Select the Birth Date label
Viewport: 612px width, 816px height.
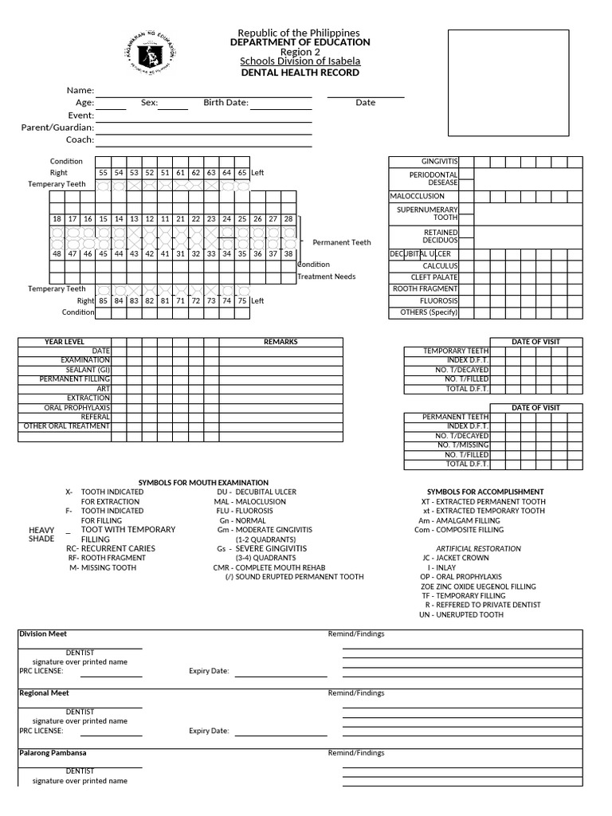coord(226,103)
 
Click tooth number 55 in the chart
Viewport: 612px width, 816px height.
coord(103,173)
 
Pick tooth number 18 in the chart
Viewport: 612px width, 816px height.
coord(57,219)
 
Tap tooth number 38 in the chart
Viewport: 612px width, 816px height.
coord(288,253)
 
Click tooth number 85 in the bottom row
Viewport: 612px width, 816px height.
coord(103,301)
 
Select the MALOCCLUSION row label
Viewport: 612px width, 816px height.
coord(417,196)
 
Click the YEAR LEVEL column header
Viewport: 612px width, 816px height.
coord(65,342)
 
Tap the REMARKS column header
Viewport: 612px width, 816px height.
coord(280,342)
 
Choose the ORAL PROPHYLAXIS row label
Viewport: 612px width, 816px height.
coord(77,407)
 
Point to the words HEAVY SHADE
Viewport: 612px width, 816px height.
coord(41,534)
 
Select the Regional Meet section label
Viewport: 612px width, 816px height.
coord(44,693)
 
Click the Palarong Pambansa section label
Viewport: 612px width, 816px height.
coord(53,752)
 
